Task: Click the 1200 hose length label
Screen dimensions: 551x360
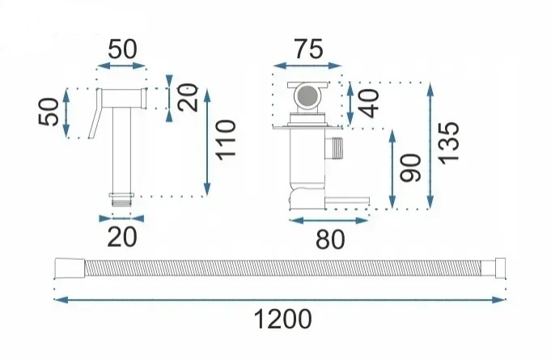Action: tap(282, 319)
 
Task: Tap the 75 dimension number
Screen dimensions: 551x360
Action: tap(308, 49)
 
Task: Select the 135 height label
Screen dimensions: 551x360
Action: tap(449, 143)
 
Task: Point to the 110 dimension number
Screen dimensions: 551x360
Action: tap(225, 140)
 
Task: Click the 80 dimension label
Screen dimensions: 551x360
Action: tap(330, 239)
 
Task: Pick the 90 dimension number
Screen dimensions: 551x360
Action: tap(411, 168)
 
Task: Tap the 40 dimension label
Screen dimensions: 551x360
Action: tap(369, 104)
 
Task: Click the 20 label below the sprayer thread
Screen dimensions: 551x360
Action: tap(122, 237)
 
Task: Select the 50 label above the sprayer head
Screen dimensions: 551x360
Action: tap(122, 49)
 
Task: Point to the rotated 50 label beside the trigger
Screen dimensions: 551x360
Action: tap(49, 112)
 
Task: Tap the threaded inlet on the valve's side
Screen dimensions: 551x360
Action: tap(334, 146)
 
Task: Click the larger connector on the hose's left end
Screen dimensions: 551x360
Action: tap(70, 269)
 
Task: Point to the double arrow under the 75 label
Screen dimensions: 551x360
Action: tap(307, 66)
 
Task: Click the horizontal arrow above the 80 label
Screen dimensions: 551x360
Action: tap(328, 221)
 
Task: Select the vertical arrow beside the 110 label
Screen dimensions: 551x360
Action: tap(207, 142)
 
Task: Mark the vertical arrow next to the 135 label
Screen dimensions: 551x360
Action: tap(430, 146)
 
